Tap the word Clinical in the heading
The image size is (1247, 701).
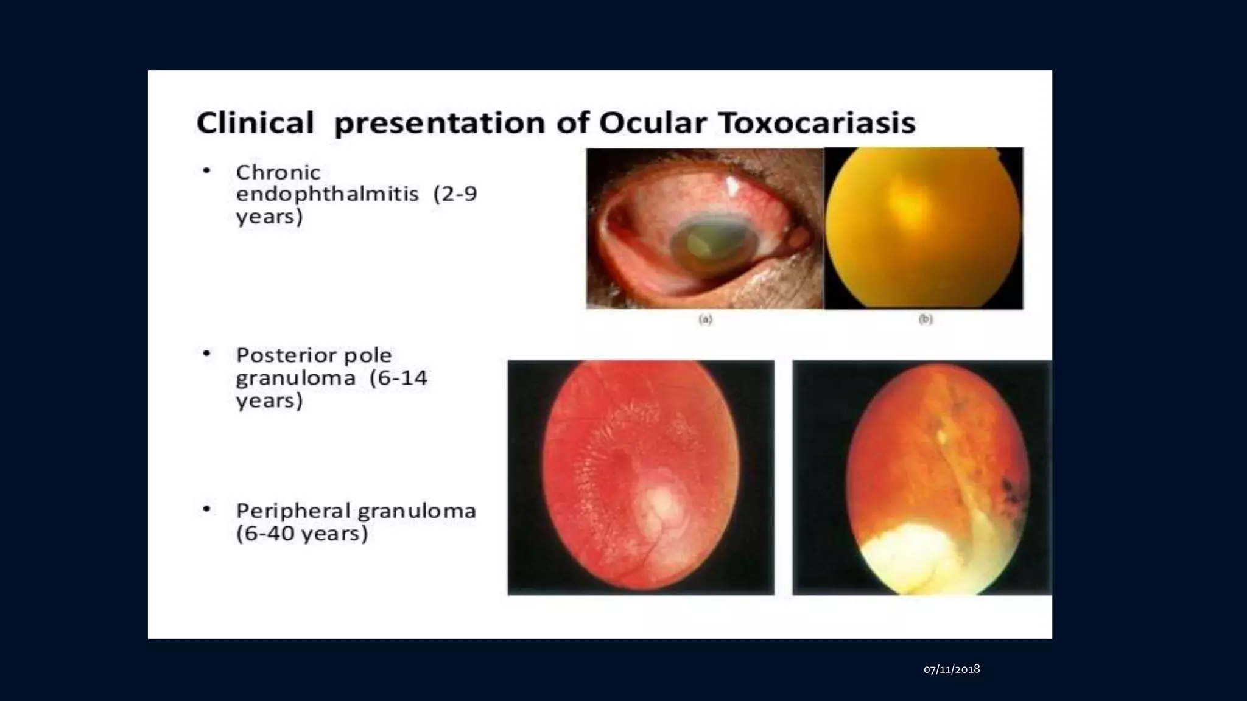pos(255,123)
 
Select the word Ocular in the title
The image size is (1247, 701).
pos(653,123)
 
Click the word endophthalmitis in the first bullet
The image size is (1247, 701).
pos(327,194)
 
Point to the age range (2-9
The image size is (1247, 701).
pos(455,194)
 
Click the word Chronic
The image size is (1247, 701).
pos(278,172)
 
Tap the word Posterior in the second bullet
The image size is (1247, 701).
pos(279,355)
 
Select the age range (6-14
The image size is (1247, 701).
pos(398,378)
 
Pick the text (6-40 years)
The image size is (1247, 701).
pos(302,534)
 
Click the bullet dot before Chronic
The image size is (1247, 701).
pos(206,171)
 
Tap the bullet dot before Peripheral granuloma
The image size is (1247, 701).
pos(206,509)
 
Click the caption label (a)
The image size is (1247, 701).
pos(705,319)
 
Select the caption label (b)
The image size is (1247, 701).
pos(926,319)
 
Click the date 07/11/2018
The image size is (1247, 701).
pos(952,669)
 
